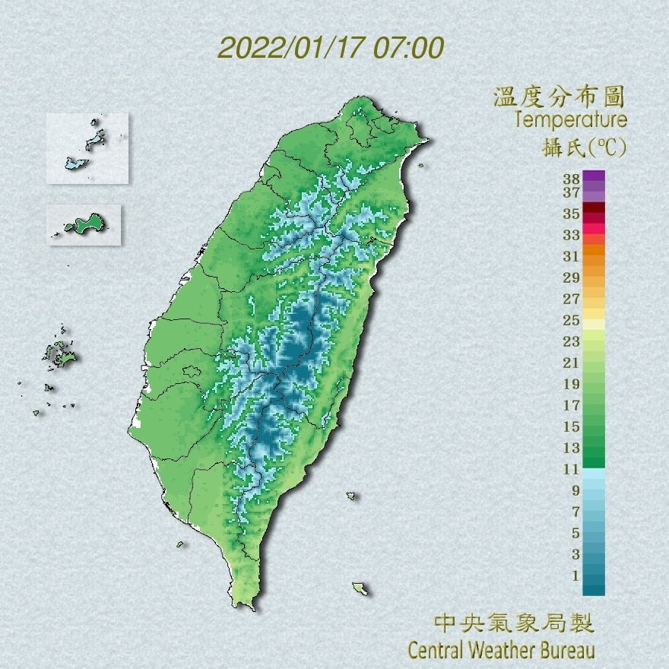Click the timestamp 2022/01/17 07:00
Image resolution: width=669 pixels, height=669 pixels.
[x=331, y=48]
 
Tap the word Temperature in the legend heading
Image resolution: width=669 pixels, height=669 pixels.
[x=570, y=120]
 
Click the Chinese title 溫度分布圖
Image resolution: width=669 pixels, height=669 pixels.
[x=560, y=97]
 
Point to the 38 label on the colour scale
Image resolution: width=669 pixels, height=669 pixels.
[x=572, y=179]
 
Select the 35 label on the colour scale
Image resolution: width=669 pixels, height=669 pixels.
[x=572, y=214]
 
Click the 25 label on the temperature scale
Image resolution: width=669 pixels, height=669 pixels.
[x=572, y=319]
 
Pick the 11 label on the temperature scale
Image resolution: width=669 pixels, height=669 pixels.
[x=572, y=469]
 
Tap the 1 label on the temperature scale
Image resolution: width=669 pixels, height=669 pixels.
[x=575, y=575]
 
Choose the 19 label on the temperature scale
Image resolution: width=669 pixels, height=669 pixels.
[x=572, y=383]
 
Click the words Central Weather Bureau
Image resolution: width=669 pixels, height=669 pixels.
[x=501, y=650]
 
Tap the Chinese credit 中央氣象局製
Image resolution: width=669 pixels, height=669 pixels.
[x=514, y=624]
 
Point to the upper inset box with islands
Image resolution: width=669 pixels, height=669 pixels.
[x=87, y=148]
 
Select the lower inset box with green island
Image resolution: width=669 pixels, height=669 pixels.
[x=84, y=224]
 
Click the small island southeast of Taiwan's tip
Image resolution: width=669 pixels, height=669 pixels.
[x=360, y=588]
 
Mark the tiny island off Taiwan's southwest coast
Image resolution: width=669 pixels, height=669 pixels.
[x=181, y=544]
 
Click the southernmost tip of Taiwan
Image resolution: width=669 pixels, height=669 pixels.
[x=245, y=605]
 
